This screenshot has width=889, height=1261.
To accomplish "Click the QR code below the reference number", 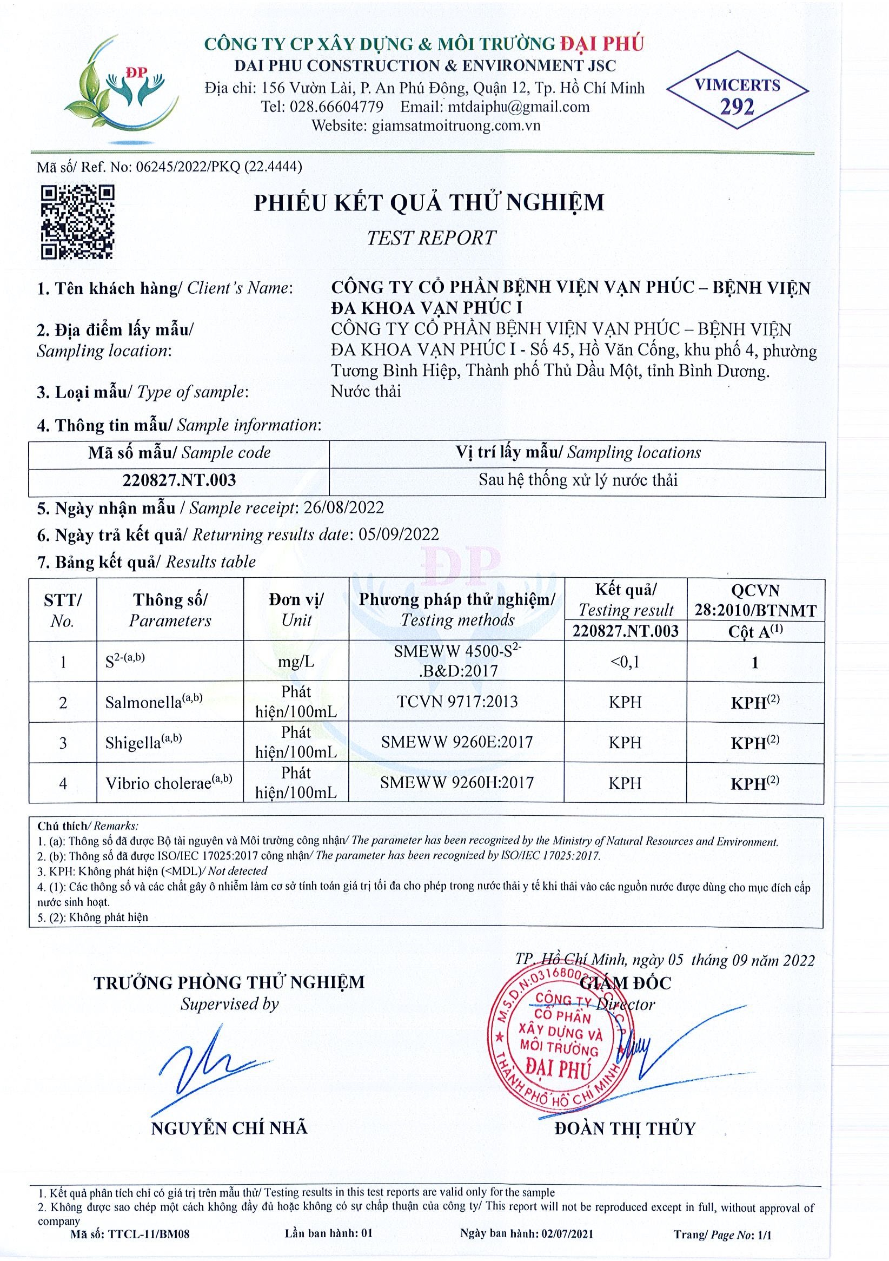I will coord(78,222).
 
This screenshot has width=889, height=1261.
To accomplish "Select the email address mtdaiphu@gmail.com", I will coord(519,107).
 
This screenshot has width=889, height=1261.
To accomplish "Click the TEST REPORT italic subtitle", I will coord(431,238).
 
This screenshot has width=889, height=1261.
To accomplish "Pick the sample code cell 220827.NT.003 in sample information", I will coord(178,480).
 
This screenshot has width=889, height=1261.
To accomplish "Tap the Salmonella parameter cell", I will coord(154,702).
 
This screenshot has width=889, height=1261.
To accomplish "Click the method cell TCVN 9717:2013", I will coord(456,701).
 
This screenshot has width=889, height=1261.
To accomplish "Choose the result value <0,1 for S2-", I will coord(625,662).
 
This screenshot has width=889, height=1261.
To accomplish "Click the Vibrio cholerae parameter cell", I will coord(169,783).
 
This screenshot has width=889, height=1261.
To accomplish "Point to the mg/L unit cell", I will coord(296,662).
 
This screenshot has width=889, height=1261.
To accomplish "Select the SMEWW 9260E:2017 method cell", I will coord(456,742).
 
